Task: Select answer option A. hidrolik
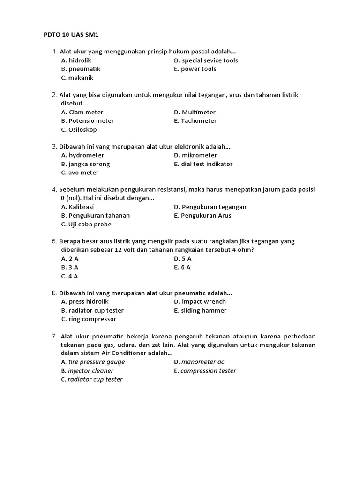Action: pos(76,60)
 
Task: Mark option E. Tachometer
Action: pos(195,120)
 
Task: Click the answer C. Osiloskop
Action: pos(79,129)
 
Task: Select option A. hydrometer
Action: pos(82,155)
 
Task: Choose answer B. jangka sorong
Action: pos(85,164)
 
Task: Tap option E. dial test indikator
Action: pos(203,164)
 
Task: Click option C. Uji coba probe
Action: pos(86,224)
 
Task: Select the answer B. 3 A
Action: pos(70,267)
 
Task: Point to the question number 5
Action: pos(54,241)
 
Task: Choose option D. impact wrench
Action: pos(200,301)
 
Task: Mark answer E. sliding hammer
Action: pos(200,310)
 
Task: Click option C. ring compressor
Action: pos(89,319)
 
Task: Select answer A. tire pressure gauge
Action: pos(93,362)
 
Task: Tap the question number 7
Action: pos(54,336)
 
